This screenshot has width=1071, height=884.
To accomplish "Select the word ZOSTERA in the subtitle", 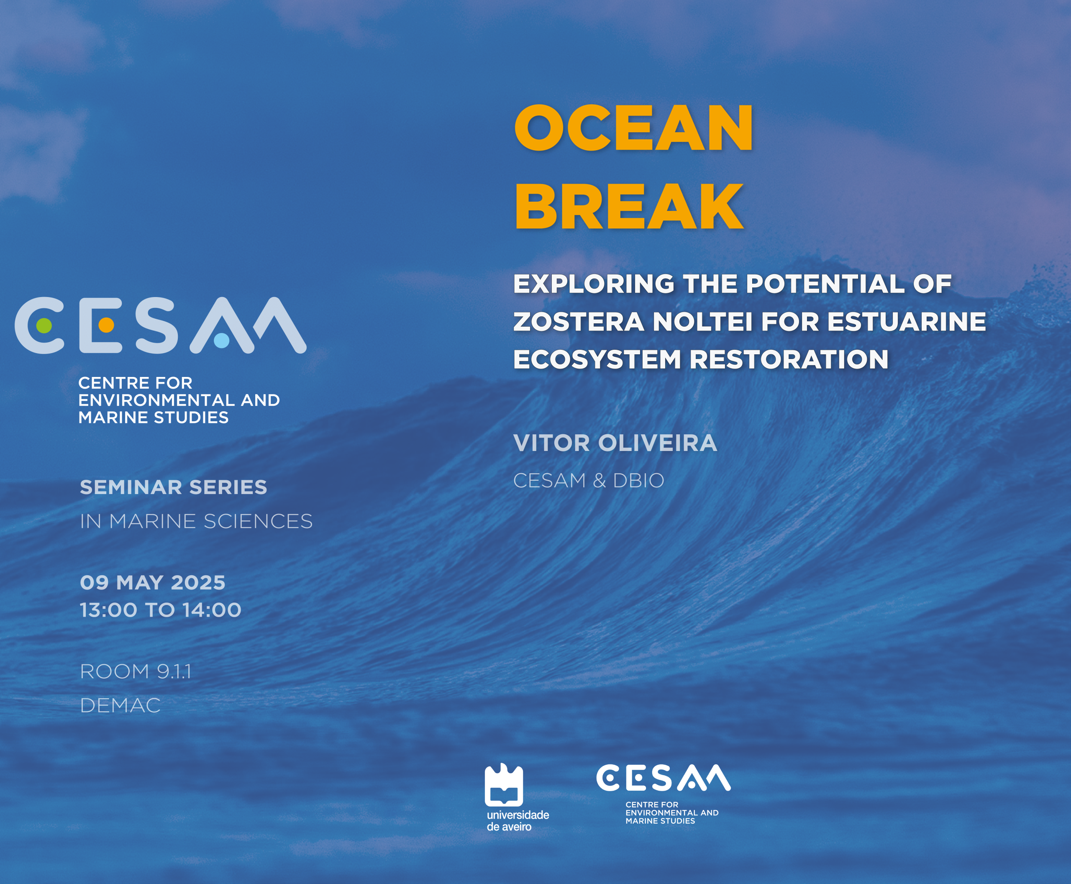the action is pyautogui.click(x=579, y=322).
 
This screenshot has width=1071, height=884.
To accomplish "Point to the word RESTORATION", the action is pyautogui.click(x=789, y=359).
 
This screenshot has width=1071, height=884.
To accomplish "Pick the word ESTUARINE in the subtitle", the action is pyautogui.click(x=907, y=322).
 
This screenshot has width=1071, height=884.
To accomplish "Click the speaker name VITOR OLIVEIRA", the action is pyautogui.click(x=615, y=443).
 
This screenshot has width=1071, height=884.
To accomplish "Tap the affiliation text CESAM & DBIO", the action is pyautogui.click(x=589, y=481).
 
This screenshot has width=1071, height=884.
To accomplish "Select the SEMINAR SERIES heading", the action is pyautogui.click(x=174, y=487).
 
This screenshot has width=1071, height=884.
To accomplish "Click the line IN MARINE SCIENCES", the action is pyautogui.click(x=196, y=521).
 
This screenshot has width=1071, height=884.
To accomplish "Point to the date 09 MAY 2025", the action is pyautogui.click(x=153, y=582).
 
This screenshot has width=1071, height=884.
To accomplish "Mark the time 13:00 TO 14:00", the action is pyautogui.click(x=160, y=610).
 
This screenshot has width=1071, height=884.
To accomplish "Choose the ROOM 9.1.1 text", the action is pyautogui.click(x=136, y=671).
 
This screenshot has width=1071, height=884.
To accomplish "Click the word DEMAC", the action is pyautogui.click(x=120, y=706).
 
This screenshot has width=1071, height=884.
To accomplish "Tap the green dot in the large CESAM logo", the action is pyautogui.click(x=44, y=325).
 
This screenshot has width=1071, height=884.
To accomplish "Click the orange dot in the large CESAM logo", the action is pyautogui.click(x=106, y=325).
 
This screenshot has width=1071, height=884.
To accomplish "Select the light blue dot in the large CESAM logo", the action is pyautogui.click(x=222, y=340).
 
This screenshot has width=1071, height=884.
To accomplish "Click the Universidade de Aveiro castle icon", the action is pyautogui.click(x=504, y=785).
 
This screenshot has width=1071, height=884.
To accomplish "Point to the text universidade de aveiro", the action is pyautogui.click(x=518, y=821).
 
